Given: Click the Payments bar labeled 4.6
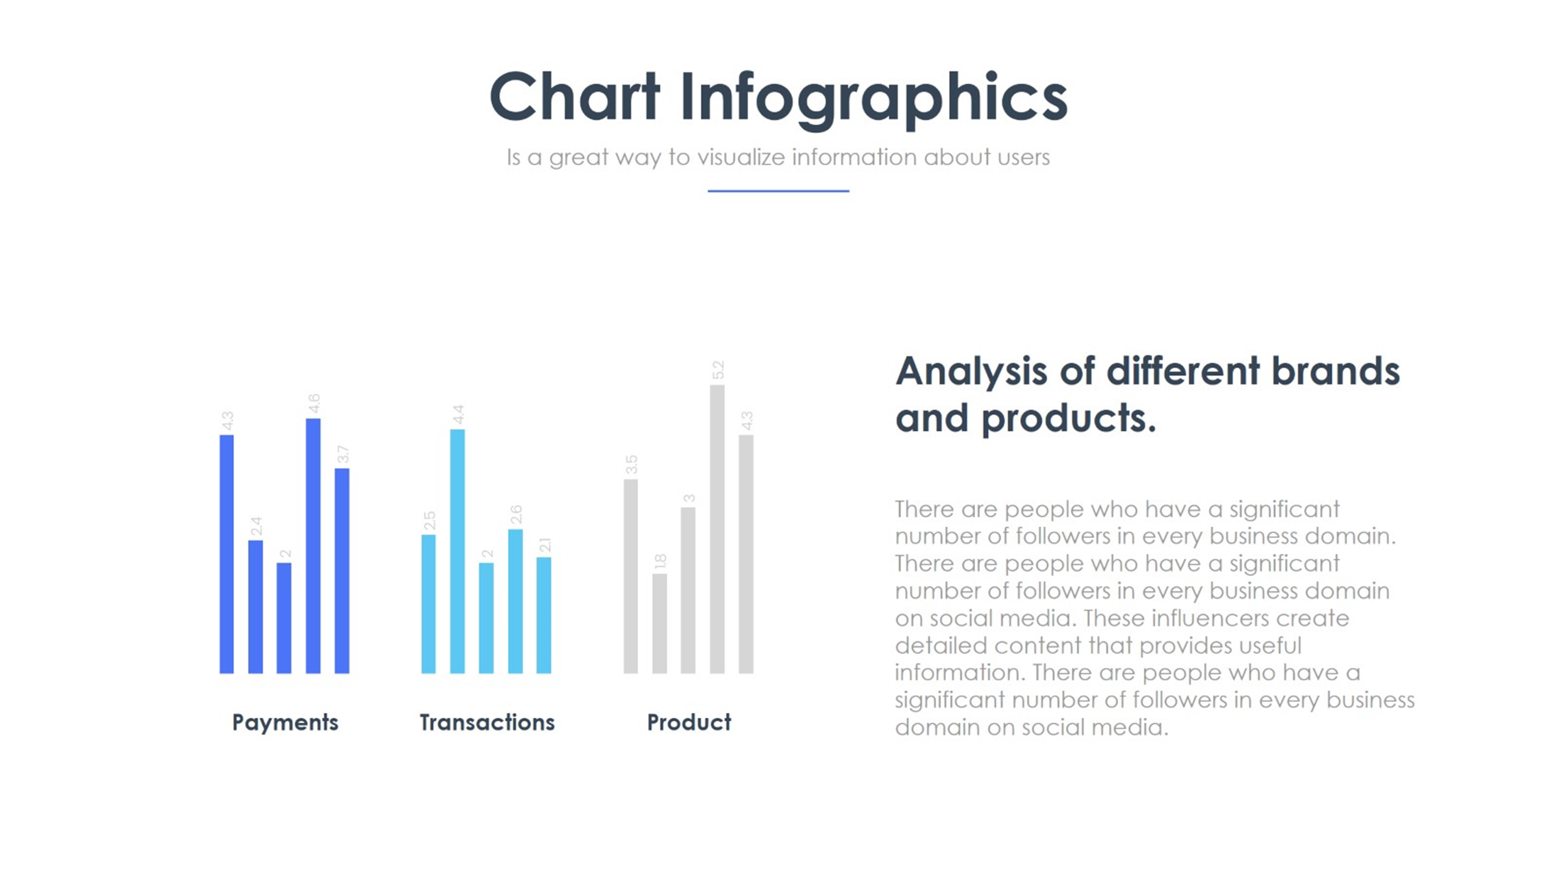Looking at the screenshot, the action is click(313, 546).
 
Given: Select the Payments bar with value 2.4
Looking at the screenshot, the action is click(256, 607).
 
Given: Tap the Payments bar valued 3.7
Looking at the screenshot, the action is click(342, 571).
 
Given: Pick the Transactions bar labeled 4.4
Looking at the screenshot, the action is click(457, 551).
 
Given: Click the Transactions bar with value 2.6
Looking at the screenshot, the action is click(515, 601).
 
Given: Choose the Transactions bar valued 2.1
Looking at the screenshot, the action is click(543, 615).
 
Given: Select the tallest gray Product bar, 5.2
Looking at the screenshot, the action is click(717, 529).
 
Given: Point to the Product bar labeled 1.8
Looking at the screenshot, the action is click(659, 624).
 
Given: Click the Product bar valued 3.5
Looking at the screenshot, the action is click(631, 576).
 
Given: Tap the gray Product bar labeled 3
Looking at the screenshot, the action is click(688, 590).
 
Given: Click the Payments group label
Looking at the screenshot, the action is click(285, 723).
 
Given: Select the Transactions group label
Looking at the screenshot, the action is click(487, 722).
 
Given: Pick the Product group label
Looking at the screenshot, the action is click(689, 722).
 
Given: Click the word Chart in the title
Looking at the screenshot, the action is click(575, 97).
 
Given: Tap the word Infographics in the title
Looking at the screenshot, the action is click(874, 99).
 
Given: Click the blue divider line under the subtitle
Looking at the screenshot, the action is click(778, 191).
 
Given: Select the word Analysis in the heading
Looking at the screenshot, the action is click(971, 372).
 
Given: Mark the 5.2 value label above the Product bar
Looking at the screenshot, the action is click(718, 370).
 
